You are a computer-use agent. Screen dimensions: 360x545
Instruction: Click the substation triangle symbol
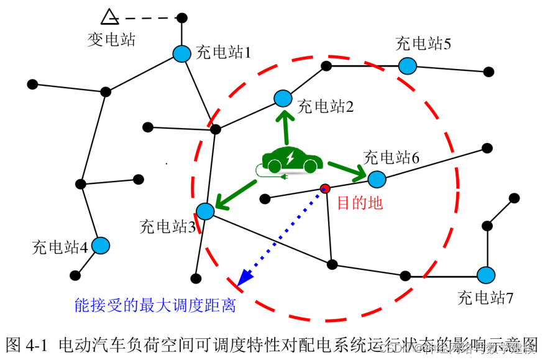click(x=109, y=17)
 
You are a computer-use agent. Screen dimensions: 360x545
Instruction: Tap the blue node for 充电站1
click(x=181, y=54)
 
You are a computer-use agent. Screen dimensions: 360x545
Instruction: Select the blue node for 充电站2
click(x=283, y=98)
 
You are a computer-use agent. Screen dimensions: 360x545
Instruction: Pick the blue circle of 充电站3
click(x=206, y=211)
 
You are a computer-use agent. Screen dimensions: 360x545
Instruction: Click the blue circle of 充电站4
click(x=101, y=246)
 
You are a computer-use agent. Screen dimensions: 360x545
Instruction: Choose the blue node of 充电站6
click(x=377, y=179)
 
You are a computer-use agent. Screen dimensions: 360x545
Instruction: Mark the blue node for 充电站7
click(x=485, y=274)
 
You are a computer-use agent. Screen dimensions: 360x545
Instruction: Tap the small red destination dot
click(x=324, y=188)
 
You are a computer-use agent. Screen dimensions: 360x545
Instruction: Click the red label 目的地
click(x=360, y=203)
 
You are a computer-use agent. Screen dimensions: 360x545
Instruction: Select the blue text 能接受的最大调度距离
click(x=155, y=305)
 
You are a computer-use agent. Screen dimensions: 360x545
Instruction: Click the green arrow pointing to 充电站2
click(x=286, y=127)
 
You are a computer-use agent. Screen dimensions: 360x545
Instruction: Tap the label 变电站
click(x=111, y=40)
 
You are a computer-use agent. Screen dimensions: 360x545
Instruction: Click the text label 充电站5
click(x=423, y=44)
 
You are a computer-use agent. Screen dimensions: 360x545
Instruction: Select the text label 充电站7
click(x=485, y=297)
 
